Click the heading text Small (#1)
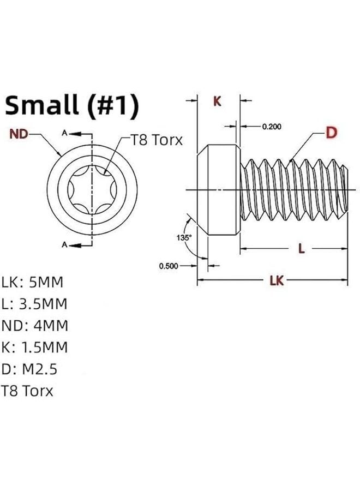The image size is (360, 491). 71,106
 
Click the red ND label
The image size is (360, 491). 19,134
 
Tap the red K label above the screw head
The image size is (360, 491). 217,101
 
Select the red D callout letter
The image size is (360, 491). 331,132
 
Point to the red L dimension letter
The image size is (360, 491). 300,249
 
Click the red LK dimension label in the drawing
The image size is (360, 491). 277,280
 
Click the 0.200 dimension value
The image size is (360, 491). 271,127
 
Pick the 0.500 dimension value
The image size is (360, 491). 169,266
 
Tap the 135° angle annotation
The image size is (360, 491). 184,237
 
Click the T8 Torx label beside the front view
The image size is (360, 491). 155,140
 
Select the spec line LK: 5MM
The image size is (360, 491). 33,283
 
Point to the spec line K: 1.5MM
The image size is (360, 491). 35,348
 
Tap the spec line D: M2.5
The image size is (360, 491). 29,369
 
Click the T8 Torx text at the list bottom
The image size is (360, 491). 27,391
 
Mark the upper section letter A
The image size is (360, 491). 64,133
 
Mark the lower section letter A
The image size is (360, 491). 64,245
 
